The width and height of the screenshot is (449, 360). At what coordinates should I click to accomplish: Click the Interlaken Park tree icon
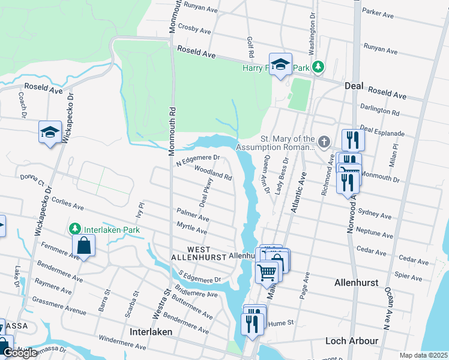74,229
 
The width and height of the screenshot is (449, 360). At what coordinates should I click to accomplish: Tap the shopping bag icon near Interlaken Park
83,245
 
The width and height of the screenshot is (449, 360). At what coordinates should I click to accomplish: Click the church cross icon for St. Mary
324,142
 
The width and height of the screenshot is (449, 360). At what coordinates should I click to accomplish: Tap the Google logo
19,353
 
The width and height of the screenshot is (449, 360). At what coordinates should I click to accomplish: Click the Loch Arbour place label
352,341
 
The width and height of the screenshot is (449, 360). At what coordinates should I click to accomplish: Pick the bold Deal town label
355,86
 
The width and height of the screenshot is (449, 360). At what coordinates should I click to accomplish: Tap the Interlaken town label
151,332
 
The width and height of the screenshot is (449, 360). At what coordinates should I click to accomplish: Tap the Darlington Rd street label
380,109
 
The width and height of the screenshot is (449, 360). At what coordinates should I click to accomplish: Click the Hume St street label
282,322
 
